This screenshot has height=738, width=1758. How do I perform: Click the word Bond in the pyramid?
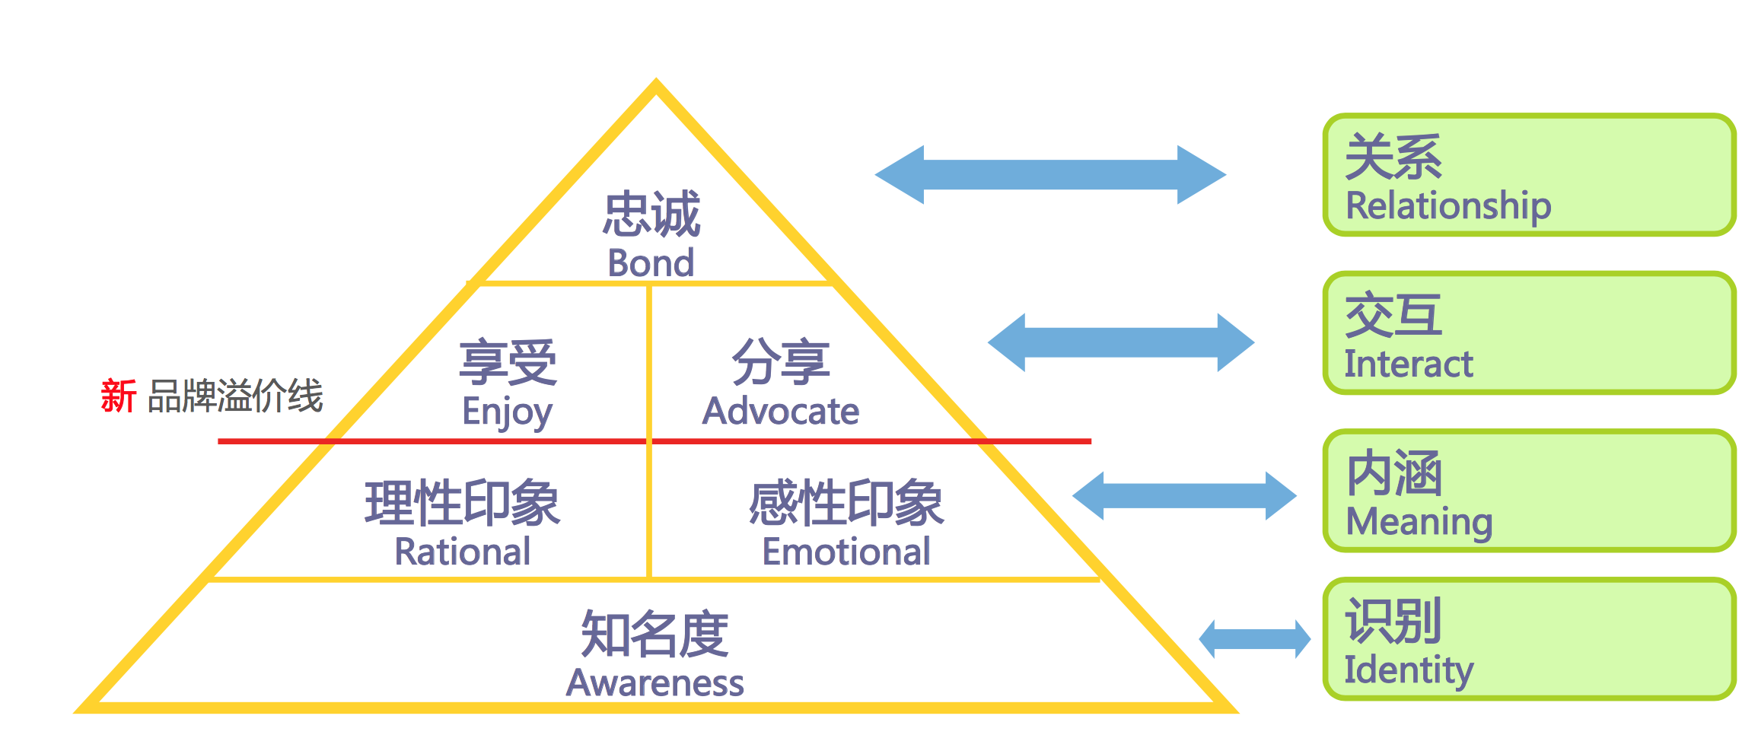[651, 263]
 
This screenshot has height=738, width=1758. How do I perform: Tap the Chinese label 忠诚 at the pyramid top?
[651, 215]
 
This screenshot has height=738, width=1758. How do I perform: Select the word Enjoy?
[507, 412]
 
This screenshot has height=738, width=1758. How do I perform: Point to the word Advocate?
[781, 412]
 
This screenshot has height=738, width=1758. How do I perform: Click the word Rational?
[463, 552]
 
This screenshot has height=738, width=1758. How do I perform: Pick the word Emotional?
[846, 552]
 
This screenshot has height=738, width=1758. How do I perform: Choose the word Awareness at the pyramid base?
[655, 682]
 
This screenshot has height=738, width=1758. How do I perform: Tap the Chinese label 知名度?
[654, 634]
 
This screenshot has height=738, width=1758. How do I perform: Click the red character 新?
[119, 396]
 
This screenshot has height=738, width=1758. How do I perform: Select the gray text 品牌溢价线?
[235, 396]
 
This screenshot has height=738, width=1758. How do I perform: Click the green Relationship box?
[1530, 175]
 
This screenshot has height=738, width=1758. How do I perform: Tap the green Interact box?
[1530, 333]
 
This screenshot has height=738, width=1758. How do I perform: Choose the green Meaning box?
[1530, 491]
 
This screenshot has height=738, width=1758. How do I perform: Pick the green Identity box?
[1530, 639]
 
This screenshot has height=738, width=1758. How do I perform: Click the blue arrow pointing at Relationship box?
[1050, 175]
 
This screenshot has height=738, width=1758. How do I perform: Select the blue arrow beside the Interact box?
[1121, 342]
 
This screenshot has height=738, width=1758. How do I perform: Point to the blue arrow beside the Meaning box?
[1184, 496]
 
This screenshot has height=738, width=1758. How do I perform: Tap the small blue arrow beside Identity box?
[1255, 639]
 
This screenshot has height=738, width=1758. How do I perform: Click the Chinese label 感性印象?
[846, 503]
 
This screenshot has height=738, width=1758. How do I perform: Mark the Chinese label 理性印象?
[463, 503]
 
